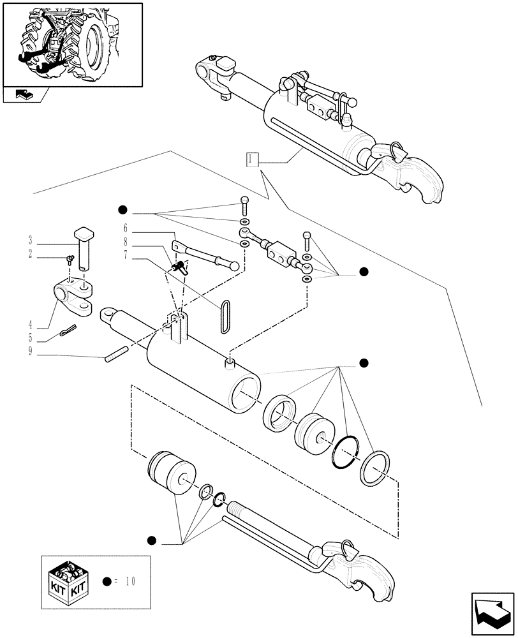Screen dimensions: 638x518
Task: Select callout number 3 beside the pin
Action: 31,241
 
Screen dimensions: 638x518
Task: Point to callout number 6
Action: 126,228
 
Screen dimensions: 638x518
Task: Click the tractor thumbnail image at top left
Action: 72,43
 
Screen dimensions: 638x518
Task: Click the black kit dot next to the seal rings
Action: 364,363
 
